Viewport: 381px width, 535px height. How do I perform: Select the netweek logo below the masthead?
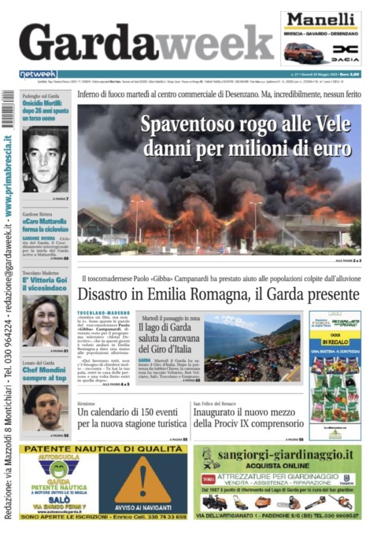38,74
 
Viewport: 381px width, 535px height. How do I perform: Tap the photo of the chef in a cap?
45,405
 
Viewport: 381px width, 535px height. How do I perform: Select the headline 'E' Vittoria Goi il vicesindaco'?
45,282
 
